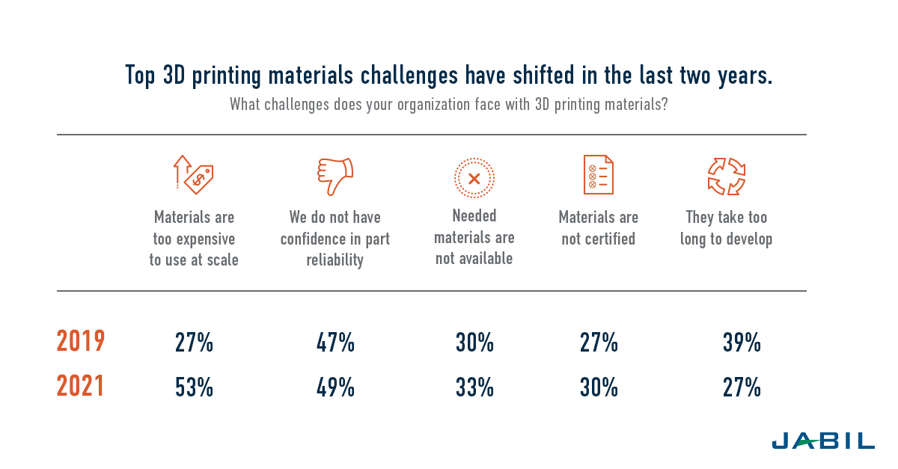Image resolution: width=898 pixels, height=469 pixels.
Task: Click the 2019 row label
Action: (81, 342)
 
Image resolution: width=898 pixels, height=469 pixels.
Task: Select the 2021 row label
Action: (81, 387)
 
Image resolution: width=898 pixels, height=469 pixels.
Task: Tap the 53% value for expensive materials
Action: (194, 388)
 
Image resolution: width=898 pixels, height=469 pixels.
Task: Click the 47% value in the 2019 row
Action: (335, 343)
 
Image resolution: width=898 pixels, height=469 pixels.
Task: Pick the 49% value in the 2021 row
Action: (335, 388)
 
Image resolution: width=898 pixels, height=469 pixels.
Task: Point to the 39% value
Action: (742, 343)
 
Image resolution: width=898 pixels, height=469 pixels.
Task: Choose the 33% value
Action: (474, 388)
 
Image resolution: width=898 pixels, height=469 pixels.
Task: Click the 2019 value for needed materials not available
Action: (474, 343)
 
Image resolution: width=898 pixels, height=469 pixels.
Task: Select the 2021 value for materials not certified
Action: (599, 388)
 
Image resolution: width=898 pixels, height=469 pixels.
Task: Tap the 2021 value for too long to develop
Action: (742, 388)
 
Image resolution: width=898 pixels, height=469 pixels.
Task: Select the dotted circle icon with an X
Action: (474, 179)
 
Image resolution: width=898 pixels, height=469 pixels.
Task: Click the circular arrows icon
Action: (727, 177)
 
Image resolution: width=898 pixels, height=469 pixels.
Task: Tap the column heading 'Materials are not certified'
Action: (599, 228)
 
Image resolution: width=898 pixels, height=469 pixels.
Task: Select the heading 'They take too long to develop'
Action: (727, 228)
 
